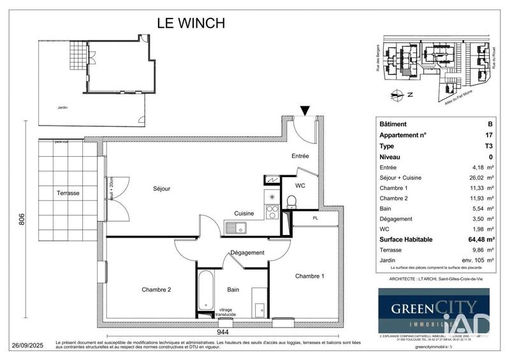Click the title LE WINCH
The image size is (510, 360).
[191, 23]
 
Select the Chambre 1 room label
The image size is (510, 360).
[309, 276]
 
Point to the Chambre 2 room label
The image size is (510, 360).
[157, 289]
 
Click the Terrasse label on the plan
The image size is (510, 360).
[68, 192]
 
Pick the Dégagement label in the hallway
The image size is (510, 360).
[247, 252]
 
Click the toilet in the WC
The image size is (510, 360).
[291, 202]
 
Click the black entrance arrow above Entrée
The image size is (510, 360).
[305, 111]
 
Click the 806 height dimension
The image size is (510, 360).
[22, 219]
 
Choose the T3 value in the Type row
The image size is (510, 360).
[488, 146]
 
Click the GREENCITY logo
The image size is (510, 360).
[433, 310]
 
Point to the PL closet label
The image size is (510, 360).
[315, 218]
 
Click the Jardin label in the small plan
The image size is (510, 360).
[62, 108]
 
